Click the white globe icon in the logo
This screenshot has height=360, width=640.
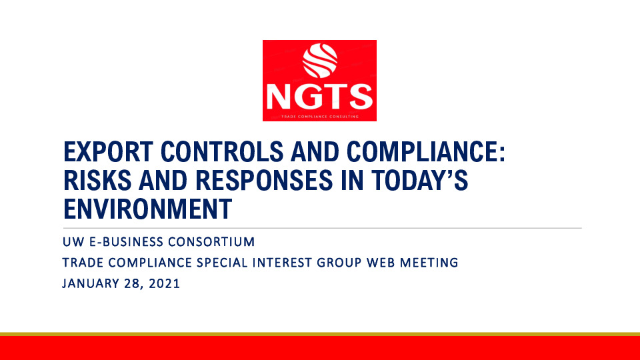319,61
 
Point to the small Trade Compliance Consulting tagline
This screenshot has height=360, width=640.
319,116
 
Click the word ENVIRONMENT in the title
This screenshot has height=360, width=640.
147,209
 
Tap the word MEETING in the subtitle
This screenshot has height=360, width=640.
430,263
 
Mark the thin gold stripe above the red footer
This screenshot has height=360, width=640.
320,334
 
